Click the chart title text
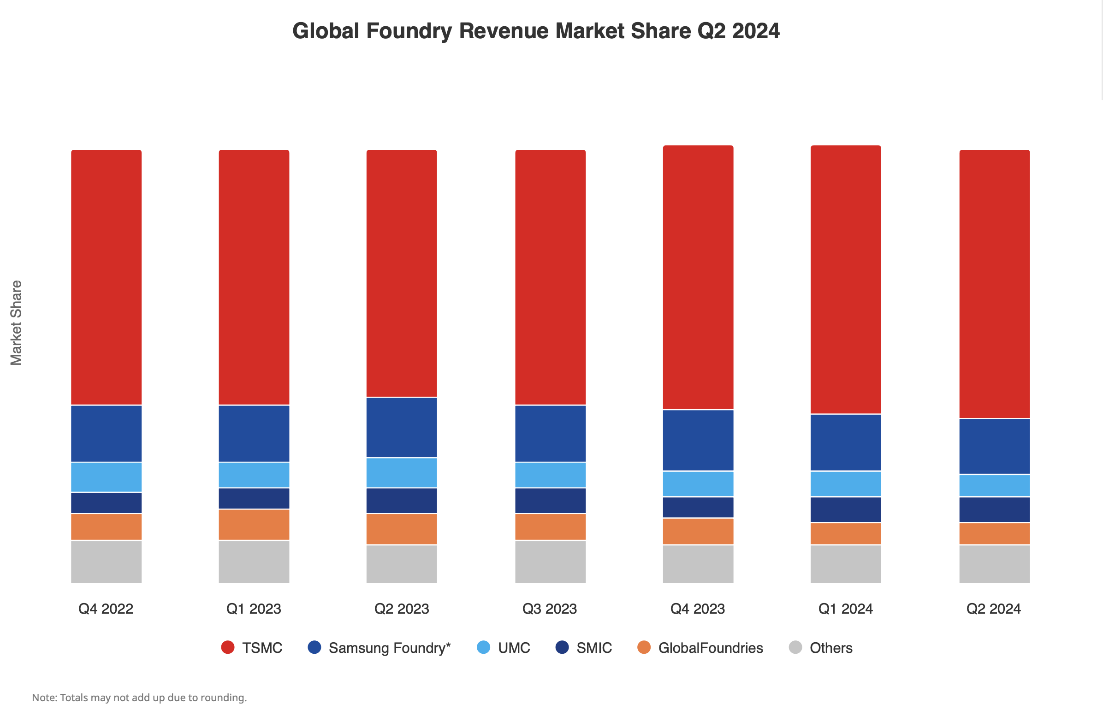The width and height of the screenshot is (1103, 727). pos(535,31)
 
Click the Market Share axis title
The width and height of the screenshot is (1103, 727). pos(16,322)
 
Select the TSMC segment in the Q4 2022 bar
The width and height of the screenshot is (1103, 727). pos(106,277)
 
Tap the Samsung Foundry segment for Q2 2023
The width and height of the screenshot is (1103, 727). pos(401,428)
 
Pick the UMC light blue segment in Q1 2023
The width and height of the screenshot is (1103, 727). pos(254,475)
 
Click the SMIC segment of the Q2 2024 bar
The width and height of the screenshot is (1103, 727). pos(994,510)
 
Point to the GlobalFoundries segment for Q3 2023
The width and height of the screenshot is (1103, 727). pos(550,527)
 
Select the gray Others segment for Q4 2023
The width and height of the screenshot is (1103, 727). pos(697,564)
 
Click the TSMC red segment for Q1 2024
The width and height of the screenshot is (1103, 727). pos(845,279)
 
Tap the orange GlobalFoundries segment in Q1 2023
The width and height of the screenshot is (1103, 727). pos(254,524)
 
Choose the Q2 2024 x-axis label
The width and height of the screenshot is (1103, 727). pos(993,608)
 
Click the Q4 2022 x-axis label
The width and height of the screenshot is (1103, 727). pos(106,608)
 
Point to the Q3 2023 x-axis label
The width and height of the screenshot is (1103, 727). pos(549,608)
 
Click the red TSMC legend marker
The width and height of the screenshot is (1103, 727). pos(227,647)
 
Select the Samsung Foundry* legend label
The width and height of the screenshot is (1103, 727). pos(389,648)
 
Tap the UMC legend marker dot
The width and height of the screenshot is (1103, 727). pos(483,647)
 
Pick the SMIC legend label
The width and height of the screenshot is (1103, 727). pos(594,648)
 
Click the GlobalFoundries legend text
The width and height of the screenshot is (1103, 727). pos(710,648)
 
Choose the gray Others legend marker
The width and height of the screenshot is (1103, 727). pos(795,647)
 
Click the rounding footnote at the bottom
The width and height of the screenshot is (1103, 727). pos(139,698)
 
